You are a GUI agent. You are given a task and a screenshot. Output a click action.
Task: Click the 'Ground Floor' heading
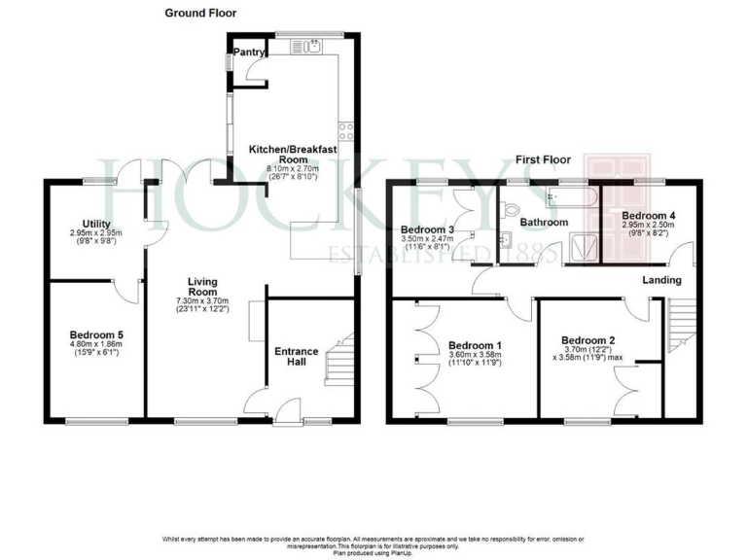[x=200, y=13]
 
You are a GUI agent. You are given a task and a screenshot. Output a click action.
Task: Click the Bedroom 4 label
[x=648, y=215]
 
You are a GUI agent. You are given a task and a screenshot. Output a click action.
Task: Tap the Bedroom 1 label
[x=474, y=345]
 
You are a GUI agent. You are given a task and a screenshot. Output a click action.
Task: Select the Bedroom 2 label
[x=588, y=340]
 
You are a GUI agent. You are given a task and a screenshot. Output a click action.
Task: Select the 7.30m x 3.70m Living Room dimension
[x=201, y=301]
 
